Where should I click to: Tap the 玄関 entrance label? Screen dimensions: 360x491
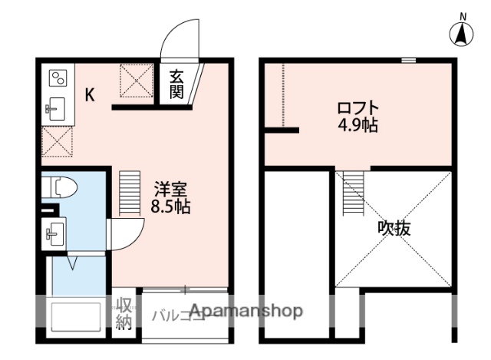pyautogui.click(x=176, y=84)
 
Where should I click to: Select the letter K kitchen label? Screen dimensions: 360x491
pyautogui.click(x=90, y=96)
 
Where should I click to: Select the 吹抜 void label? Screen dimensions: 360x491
pyautogui.click(x=393, y=228)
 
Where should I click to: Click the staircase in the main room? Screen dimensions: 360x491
pyautogui.click(x=131, y=192)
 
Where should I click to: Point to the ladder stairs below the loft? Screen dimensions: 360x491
pyautogui.click(x=354, y=193)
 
